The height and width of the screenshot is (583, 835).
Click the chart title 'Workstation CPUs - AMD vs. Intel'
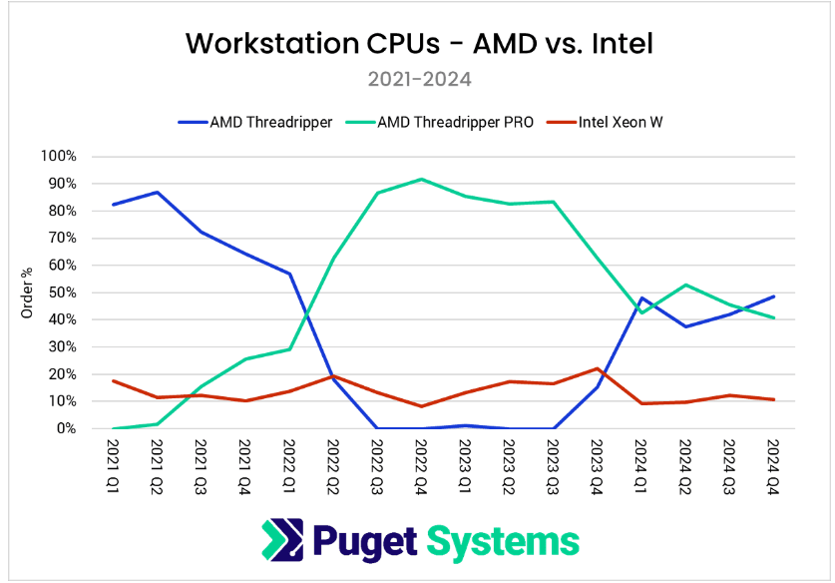point(418,45)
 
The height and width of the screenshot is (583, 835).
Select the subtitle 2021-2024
point(418,79)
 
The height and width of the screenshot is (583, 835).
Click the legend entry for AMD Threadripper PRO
point(455,123)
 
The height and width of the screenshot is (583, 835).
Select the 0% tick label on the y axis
point(66,429)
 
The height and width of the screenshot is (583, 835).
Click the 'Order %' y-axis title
point(27,292)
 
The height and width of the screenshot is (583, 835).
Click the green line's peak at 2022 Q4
point(421,180)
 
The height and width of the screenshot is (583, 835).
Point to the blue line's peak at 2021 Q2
point(157,192)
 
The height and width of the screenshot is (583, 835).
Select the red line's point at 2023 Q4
point(597,368)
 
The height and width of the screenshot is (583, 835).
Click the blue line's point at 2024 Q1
point(640,297)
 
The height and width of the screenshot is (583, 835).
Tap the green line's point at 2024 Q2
point(685,285)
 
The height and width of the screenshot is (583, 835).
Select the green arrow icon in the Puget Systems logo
point(280,540)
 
